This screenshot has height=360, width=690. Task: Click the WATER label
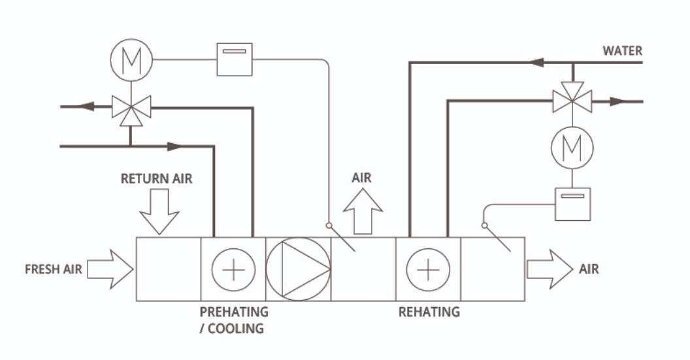point(622,50)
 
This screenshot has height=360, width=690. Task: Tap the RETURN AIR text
point(157,178)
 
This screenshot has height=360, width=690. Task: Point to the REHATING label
point(429,312)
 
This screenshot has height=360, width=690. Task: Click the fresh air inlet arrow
point(110,269)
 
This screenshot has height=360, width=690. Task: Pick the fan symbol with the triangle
point(298,269)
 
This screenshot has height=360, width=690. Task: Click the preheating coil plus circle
point(233,269)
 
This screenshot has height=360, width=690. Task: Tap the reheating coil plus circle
point(428,269)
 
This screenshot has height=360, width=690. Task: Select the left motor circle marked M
point(131,59)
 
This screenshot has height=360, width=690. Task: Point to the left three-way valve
point(131,106)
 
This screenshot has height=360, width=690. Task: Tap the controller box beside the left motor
point(234,59)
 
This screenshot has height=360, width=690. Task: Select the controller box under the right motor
point(572,204)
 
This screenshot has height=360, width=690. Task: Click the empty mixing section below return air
point(168,269)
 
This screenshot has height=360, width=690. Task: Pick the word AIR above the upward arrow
point(363,178)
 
